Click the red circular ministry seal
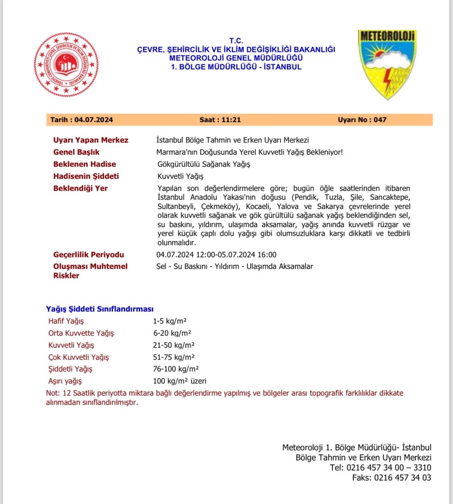click(x=66, y=65)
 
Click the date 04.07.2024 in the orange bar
click(x=93, y=120)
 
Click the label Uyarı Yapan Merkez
click(x=91, y=140)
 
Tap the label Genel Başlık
click(x=76, y=152)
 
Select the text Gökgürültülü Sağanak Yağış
click(x=204, y=164)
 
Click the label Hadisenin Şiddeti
click(x=86, y=176)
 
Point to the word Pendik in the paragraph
click(x=306, y=197)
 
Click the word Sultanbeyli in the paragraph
click(x=176, y=207)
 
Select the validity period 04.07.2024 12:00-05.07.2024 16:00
click(x=216, y=255)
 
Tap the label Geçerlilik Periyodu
click(x=89, y=255)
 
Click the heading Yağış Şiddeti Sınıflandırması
click(x=99, y=309)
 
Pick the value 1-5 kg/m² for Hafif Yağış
click(x=170, y=321)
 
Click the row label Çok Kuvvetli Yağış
click(x=79, y=357)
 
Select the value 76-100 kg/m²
click(x=176, y=369)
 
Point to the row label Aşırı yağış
click(x=65, y=381)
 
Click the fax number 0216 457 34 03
click(x=402, y=478)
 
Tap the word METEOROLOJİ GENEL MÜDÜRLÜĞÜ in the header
click(x=236, y=58)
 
